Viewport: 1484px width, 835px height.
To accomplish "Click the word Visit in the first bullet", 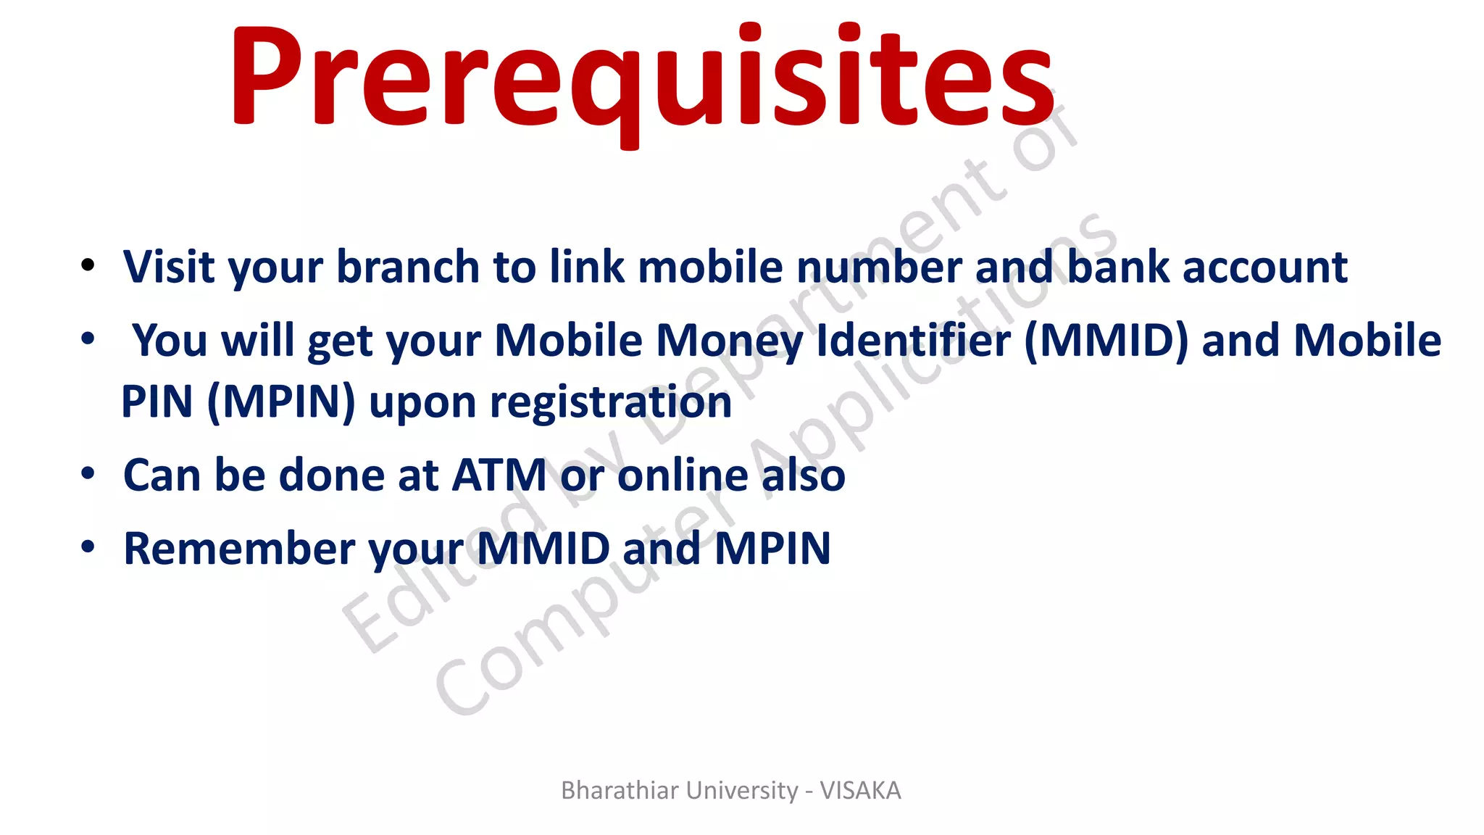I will (169, 267).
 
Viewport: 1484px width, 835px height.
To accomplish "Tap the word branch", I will (408, 267).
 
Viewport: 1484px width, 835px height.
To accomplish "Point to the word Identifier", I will (913, 340).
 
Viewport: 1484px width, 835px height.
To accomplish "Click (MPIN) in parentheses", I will (281, 402).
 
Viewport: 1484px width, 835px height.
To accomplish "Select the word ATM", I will (499, 475).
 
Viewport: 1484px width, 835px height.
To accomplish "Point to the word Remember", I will (239, 549).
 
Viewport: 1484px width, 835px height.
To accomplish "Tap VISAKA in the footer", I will (860, 790).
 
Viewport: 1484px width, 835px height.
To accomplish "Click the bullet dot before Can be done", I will (88, 474).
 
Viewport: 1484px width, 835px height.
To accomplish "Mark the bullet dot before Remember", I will (88, 547).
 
